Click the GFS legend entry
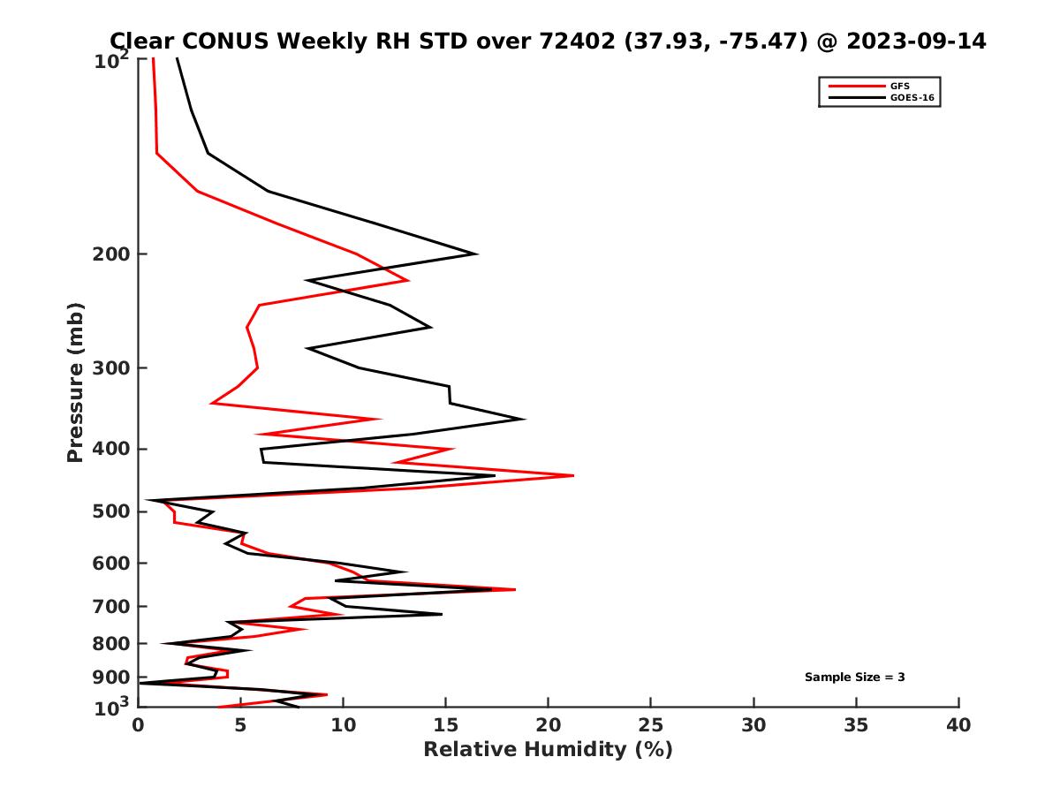899,86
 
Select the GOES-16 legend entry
912,97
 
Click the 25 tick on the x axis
651,725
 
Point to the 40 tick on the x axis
958,725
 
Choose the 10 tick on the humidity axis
344,725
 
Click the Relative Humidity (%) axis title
548,750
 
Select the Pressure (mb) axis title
75,382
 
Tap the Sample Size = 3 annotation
854,678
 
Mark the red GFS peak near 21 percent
573,475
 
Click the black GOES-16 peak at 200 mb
477,254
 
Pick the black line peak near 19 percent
525,420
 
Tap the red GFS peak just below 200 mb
408,280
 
